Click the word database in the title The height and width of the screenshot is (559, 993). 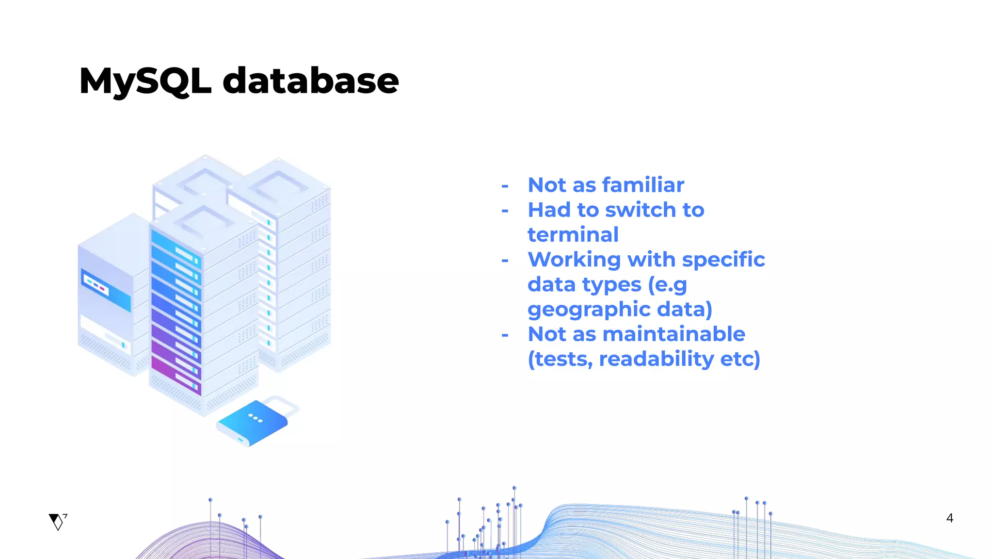pyautogui.click(x=311, y=81)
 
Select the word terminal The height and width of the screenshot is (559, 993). pyautogui.click(x=573, y=235)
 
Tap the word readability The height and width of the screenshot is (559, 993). pyautogui.click(x=657, y=359)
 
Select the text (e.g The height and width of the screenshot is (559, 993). pyautogui.click(x=668, y=285)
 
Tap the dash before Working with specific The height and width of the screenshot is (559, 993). pyautogui.click(x=505, y=261)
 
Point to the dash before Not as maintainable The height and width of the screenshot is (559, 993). pyautogui.click(x=505, y=335)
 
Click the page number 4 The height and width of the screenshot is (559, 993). pyautogui.click(x=949, y=518)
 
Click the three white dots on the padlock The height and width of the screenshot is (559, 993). pyautogui.click(x=255, y=418)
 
